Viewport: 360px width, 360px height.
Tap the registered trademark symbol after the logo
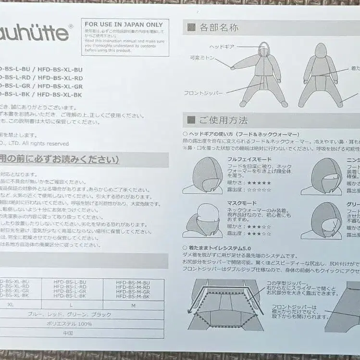click(71, 27)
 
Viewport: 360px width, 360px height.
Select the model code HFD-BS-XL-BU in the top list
click(60, 70)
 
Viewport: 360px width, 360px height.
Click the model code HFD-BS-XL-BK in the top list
click(59, 95)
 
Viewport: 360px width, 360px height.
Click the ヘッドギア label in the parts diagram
click(222, 47)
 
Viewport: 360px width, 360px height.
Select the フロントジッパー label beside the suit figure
click(203, 92)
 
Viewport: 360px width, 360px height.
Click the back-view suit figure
click(320, 74)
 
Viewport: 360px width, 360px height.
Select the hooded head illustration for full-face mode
click(204, 175)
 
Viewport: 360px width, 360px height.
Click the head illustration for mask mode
click(203, 219)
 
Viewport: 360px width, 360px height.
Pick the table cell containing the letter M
click(133, 305)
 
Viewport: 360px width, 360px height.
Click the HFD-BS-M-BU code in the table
click(133, 283)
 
